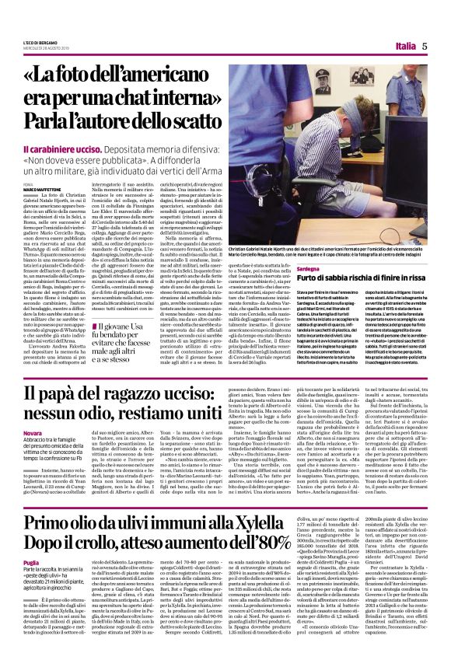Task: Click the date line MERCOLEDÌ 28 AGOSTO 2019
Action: click(x=45, y=50)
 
